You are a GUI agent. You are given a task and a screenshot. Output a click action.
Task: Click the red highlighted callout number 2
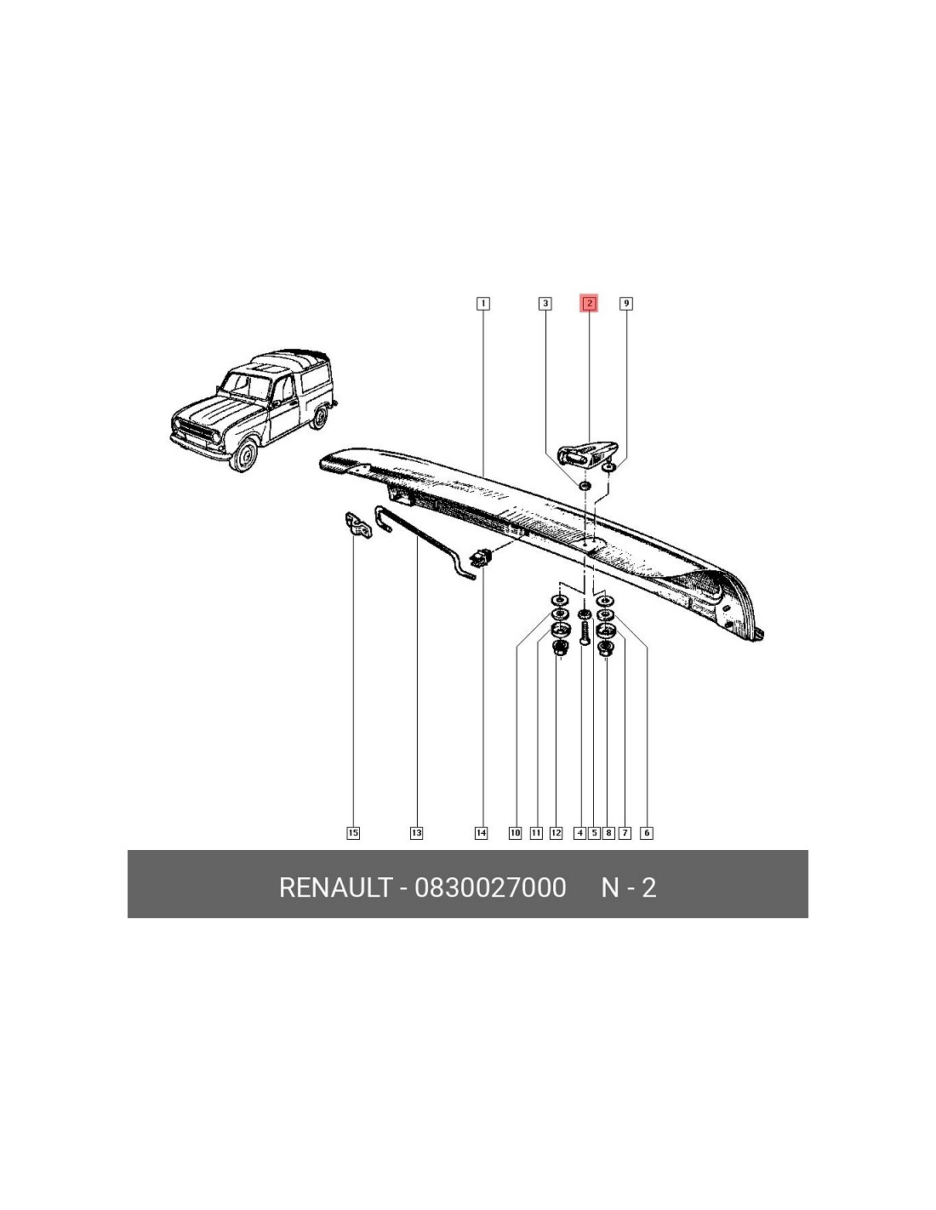[x=589, y=304]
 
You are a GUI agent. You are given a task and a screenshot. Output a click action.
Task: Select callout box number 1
[x=483, y=304]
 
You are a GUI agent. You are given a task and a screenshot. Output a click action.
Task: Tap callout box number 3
[x=545, y=304]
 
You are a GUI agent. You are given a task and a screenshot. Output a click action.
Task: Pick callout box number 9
[x=626, y=304]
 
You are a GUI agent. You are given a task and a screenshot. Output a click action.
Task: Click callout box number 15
[x=353, y=833]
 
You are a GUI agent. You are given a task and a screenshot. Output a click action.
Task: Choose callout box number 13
[x=416, y=833]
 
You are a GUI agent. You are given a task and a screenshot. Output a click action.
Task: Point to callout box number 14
[x=481, y=833]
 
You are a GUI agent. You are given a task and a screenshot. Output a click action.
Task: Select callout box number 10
[x=515, y=833]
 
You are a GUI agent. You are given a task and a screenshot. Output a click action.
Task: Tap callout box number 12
[x=556, y=833]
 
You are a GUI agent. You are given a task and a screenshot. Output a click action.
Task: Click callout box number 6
[x=647, y=833]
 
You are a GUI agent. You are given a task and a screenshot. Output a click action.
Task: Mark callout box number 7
[x=625, y=833]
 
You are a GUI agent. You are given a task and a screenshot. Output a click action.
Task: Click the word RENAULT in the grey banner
[x=335, y=887]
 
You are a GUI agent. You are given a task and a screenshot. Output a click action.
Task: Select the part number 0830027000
[x=490, y=887]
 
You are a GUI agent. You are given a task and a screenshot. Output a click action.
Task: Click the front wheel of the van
[x=246, y=455]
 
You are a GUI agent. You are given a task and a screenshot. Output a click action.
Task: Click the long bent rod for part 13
[x=423, y=543]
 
